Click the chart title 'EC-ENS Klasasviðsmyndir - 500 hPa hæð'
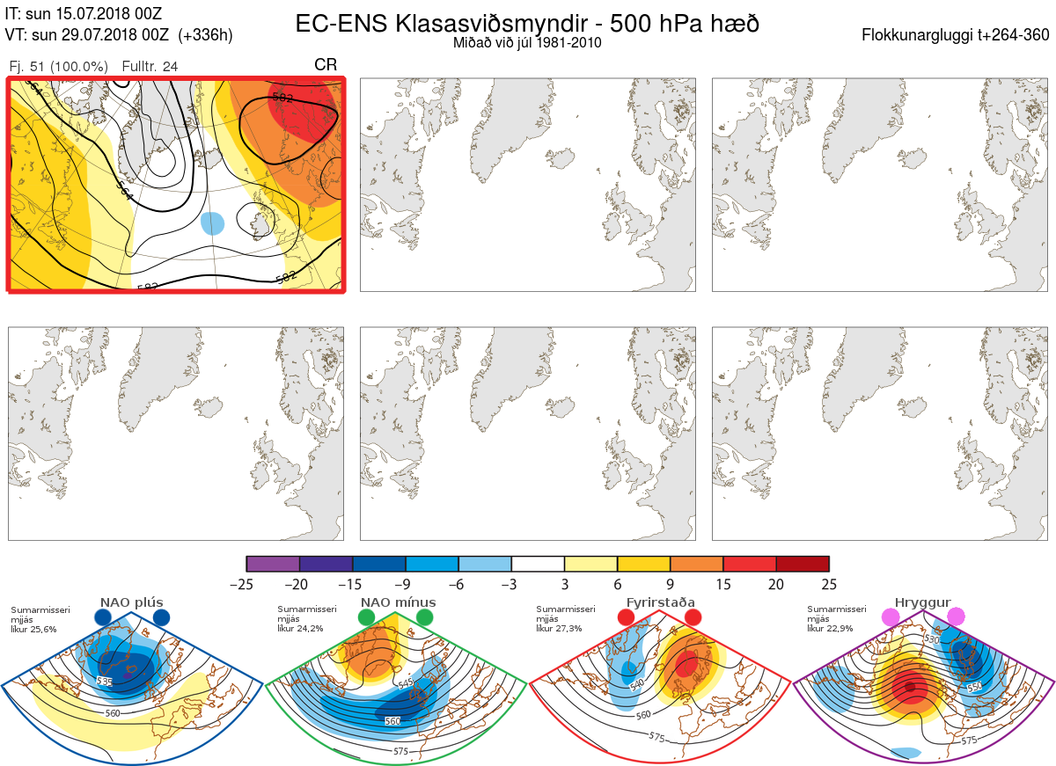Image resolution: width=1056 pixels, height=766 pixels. (527, 24)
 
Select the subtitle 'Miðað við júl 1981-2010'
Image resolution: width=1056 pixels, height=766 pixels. (527, 42)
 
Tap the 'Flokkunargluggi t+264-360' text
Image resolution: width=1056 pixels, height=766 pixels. (957, 35)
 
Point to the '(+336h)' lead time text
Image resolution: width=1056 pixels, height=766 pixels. (206, 35)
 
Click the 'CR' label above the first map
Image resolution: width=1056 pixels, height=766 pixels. (326, 65)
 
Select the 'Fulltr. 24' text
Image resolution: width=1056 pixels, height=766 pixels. (150, 67)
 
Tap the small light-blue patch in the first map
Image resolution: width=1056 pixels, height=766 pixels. (213, 223)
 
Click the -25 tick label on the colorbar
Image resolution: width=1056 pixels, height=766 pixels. (246, 584)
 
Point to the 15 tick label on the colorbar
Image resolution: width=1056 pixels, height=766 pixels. (723, 584)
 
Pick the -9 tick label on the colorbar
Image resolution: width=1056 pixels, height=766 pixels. (406, 584)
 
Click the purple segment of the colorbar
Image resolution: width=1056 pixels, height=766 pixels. (273, 564)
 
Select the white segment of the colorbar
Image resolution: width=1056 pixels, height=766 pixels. (538, 564)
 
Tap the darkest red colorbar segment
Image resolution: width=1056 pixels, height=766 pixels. (803, 564)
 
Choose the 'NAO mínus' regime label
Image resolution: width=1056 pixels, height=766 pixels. (398, 602)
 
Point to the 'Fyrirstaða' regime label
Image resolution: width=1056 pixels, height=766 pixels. (660, 602)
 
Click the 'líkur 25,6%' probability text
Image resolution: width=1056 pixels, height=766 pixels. (33, 630)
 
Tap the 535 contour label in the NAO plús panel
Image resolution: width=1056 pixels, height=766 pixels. (105, 682)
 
